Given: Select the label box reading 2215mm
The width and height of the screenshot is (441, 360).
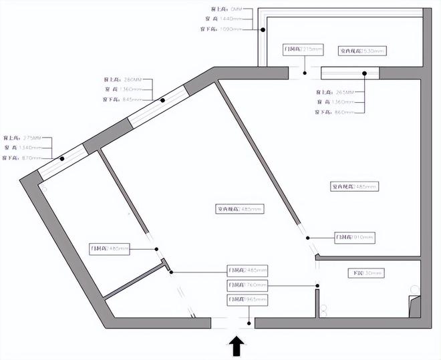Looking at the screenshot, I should click(303, 50).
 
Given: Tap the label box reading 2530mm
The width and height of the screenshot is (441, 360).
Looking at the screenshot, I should click(363, 50).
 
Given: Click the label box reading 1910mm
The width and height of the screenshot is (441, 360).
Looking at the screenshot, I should click(355, 237).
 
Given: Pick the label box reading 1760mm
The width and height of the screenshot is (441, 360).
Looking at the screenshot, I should click(247, 285).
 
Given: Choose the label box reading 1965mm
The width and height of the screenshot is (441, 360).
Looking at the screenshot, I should click(247, 300).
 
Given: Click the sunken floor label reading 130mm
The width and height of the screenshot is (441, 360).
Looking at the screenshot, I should click(367, 273).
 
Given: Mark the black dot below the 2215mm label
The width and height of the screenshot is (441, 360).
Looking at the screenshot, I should click(305, 73).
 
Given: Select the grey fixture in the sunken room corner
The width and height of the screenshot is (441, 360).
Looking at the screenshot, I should click(414, 303).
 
